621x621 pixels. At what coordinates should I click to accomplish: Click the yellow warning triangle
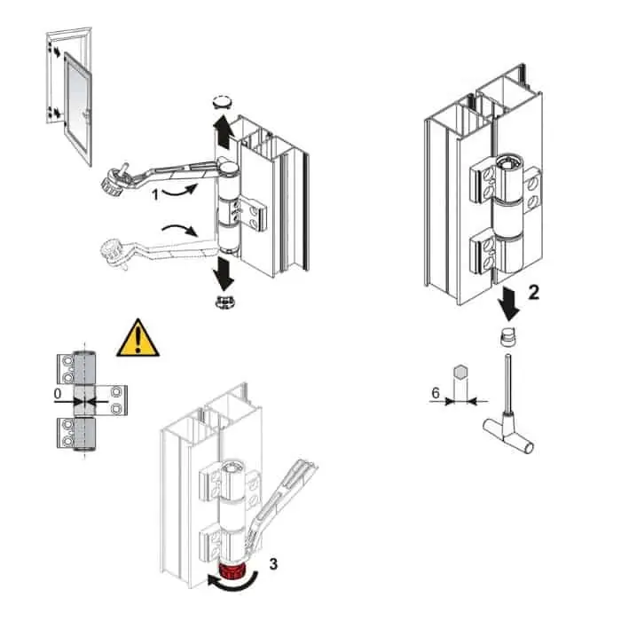[138, 340]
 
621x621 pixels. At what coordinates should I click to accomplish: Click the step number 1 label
[155, 194]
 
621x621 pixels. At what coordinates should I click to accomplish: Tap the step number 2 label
[534, 293]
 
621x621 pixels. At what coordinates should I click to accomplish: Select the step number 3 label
[273, 563]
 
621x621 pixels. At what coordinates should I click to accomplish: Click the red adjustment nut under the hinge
[232, 572]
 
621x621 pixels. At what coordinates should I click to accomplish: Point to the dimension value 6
[436, 393]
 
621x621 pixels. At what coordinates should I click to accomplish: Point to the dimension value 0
[58, 394]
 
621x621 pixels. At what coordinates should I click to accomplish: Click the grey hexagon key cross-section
[460, 371]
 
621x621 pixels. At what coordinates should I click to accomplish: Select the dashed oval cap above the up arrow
[222, 101]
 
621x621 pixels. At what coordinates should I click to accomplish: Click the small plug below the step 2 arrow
[507, 337]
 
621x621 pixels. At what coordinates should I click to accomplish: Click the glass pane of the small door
[77, 107]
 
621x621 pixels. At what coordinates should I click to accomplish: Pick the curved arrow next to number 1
[179, 190]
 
